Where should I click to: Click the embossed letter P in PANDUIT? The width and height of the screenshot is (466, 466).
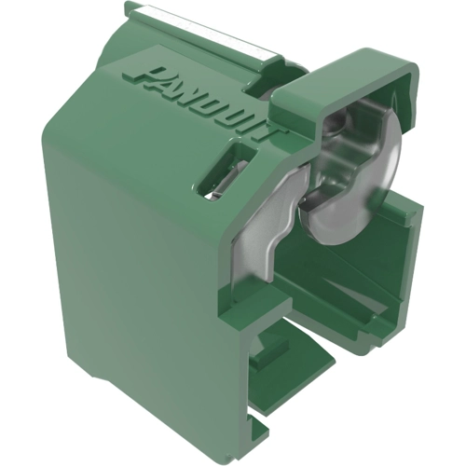click(147, 76)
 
